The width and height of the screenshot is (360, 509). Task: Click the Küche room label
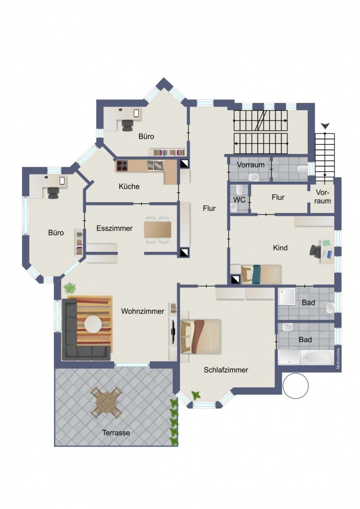pos(129,186)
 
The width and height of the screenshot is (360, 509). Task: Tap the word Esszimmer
pos(114,228)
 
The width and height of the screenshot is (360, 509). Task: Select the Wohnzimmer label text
pos(142,312)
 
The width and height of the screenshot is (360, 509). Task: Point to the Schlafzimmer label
pos(226,370)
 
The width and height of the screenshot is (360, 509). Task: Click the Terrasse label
pos(116,433)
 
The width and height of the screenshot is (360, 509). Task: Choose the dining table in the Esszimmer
pos(158,230)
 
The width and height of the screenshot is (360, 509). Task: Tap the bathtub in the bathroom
pos(317,357)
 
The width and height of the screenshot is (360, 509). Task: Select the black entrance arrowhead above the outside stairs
pos(325,125)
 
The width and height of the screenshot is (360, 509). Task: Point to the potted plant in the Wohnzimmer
pos(70,288)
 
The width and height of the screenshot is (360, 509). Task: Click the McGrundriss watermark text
pos(338,358)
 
